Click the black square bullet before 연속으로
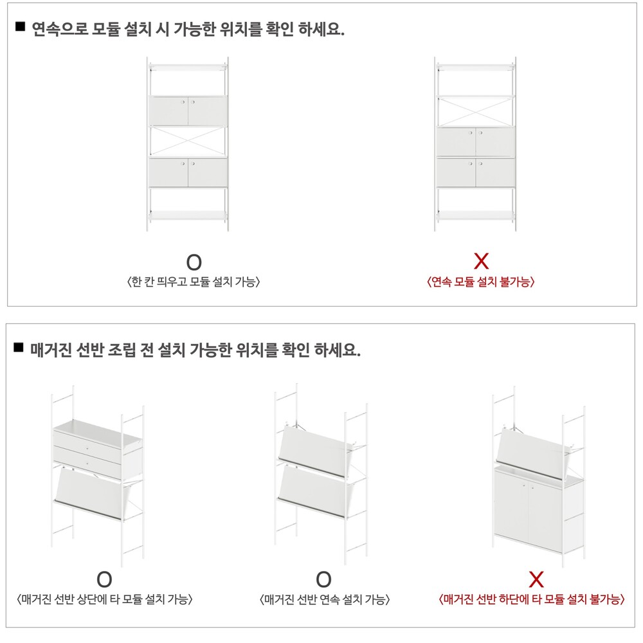coord(20,27)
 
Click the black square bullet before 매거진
coord(19,348)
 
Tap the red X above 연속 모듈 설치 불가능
coord(481,261)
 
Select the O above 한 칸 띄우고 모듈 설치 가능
coord(194,262)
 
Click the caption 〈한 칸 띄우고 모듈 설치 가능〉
coord(194,282)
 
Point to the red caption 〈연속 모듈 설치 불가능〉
coord(481,282)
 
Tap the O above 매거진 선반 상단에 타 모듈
coord(104,580)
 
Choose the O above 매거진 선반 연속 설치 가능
coord(323,580)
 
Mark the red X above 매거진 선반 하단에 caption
coord(536,579)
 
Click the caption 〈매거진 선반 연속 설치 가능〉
coord(324,600)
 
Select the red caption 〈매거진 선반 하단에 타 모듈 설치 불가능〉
coord(532,600)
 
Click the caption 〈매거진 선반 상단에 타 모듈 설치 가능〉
coord(105,600)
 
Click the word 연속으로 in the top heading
coord(60,29)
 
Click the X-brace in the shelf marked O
coord(188,141)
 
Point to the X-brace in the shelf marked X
coord(475,112)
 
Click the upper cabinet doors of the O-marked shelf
coord(188,111)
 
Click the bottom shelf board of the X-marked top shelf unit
coord(475,215)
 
